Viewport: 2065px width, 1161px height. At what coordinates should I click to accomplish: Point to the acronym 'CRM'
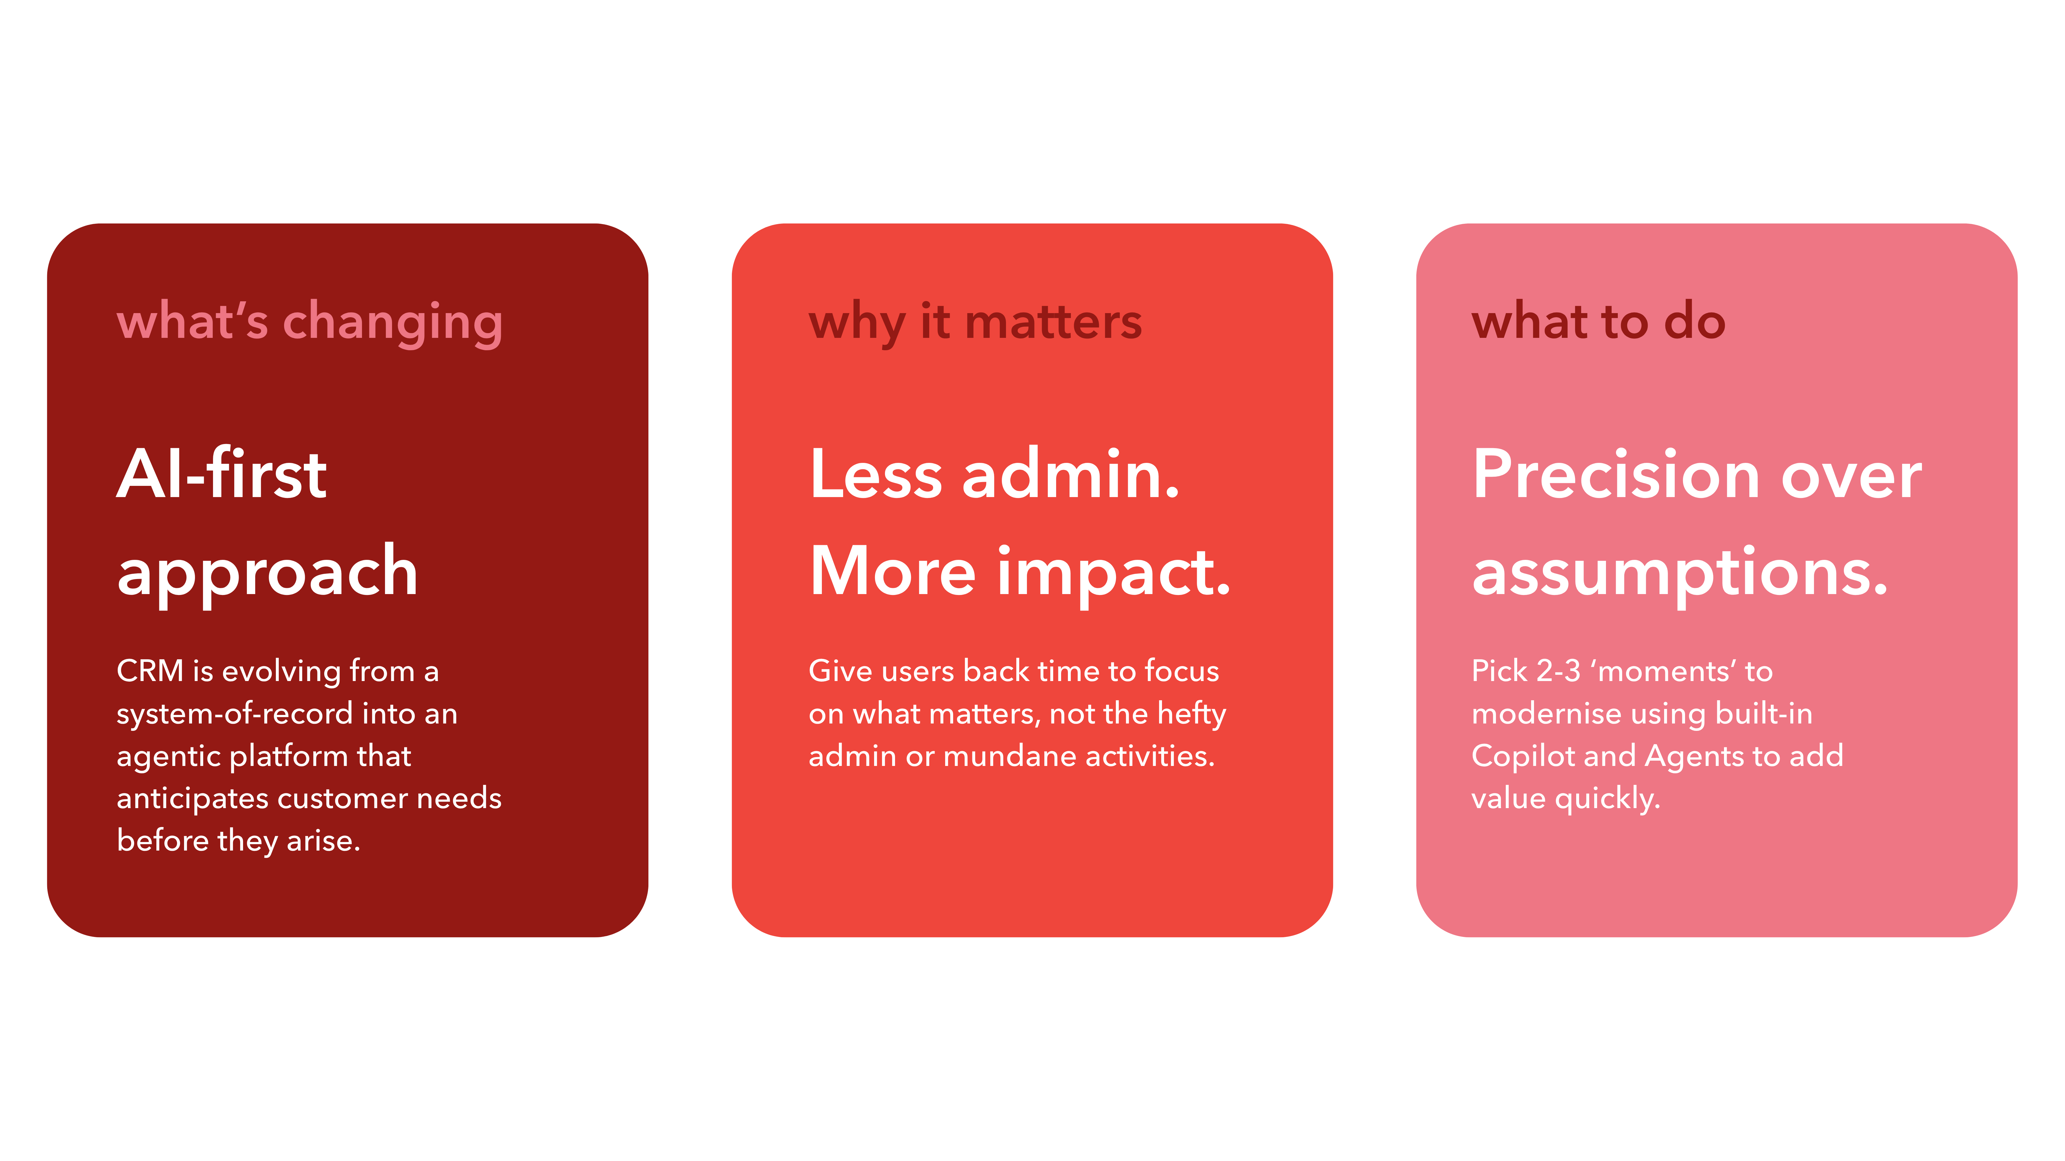[150, 671]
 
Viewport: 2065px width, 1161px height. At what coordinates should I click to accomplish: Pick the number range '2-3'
[1558, 671]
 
